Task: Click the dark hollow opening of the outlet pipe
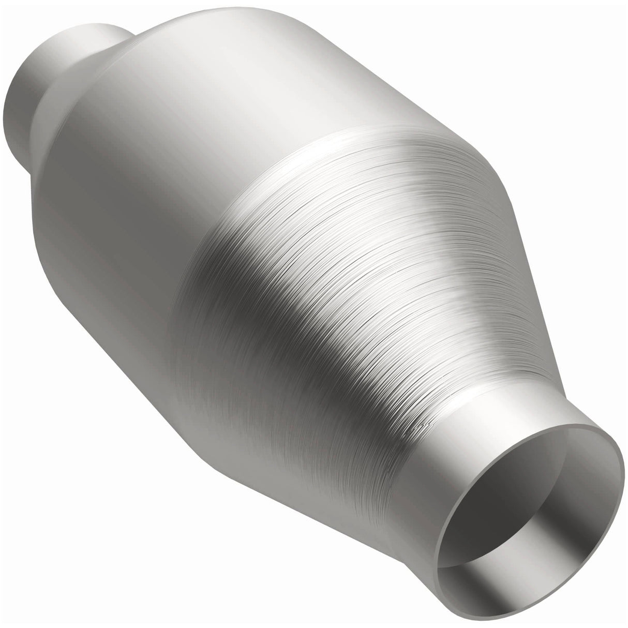522,517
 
